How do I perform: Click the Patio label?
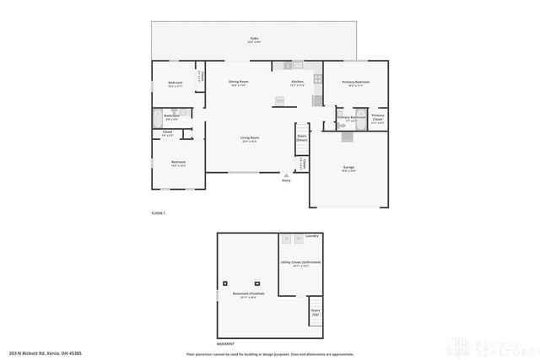tap(254, 40)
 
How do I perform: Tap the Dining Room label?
tap(239, 83)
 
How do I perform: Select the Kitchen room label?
tap(297, 83)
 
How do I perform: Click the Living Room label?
tap(249, 139)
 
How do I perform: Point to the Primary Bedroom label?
tap(355, 83)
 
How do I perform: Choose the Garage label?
tap(348, 169)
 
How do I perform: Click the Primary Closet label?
tap(377, 117)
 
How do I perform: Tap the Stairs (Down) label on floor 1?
tap(301, 138)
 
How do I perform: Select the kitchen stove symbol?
tap(318, 80)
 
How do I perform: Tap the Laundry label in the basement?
tap(311, 236)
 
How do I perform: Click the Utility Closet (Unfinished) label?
tap(300, 263)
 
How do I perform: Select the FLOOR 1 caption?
tap(158, 213)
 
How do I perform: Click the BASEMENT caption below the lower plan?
tap(225, 344)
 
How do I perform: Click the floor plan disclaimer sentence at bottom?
tap(270, 353)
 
